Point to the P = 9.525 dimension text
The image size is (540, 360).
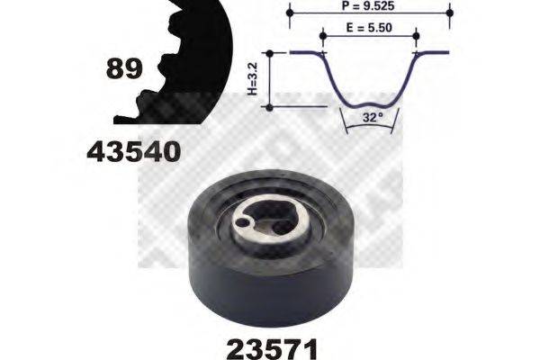point(369,6)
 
